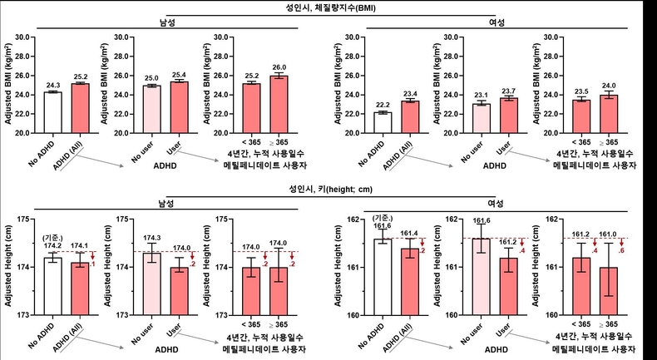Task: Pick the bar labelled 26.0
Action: coord(280,104)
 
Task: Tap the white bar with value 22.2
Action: coord(383,122)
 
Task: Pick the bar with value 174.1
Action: coord(81,288)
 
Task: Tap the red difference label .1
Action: coord(93,264)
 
